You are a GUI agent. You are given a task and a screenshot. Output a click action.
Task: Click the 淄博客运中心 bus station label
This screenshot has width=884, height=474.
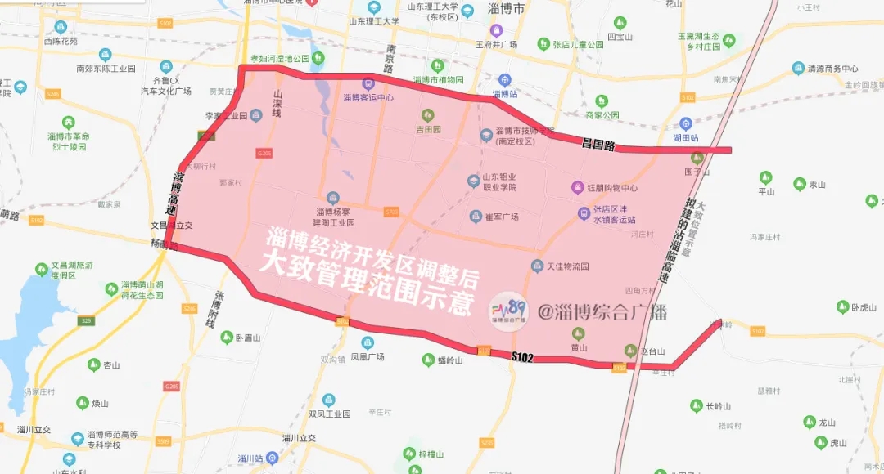[x=368, y=97]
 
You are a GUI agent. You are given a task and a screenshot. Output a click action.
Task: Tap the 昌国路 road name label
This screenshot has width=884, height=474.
[x=598, y=145]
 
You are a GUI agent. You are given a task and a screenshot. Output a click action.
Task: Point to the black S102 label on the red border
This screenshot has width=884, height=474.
[x=522, y=357]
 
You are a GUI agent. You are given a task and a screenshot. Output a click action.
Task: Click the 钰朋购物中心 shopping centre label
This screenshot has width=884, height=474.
[x=612, y=188]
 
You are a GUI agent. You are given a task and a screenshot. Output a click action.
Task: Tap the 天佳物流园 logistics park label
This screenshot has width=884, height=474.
[x=567, y=266]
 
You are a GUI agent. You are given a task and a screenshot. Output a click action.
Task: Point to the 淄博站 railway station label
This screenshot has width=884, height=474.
[x=505, y=94]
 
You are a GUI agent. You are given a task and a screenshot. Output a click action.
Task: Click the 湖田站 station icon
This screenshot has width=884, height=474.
[x=686, y=124]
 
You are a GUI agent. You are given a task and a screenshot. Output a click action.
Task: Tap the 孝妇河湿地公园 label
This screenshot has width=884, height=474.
[x=280, y=59]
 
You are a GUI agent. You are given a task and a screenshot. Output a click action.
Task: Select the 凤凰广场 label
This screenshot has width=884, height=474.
[x=368, y=357]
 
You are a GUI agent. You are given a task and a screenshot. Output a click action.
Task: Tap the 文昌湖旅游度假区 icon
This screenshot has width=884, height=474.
[x=42, y=269]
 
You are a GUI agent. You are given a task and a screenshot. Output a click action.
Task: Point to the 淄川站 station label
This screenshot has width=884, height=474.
[x=249, y=458]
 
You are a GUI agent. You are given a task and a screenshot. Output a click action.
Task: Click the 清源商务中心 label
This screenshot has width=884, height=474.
[x=832, y=69]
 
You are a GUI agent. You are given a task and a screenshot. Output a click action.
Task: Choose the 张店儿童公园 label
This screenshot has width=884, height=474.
[x=577, y=44]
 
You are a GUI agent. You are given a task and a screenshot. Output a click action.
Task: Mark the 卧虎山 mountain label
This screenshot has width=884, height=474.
[x=864, y=307]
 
